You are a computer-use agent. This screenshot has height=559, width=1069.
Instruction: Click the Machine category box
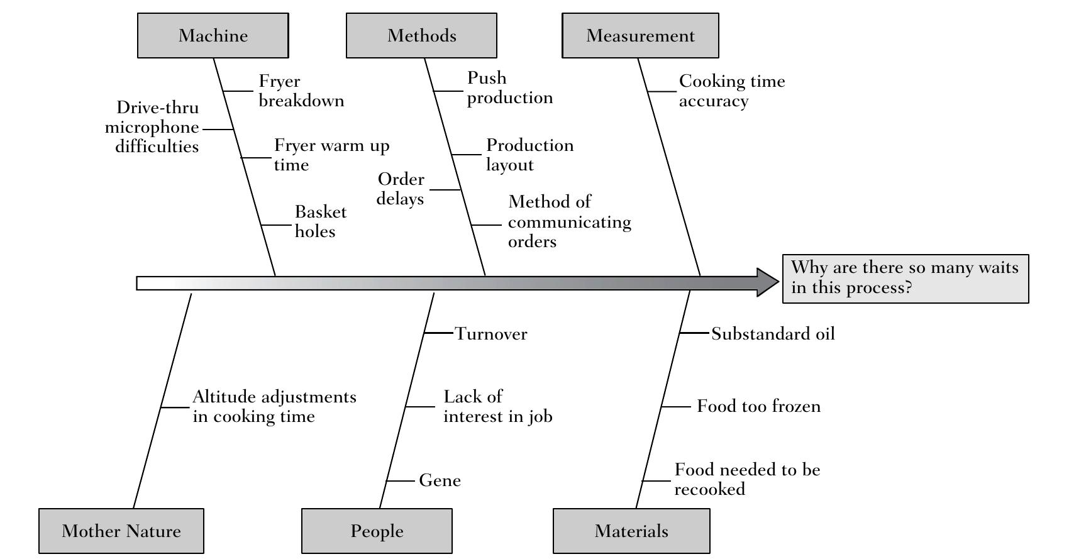pos(213,35)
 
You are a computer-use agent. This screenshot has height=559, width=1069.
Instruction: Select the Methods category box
pos(421,35)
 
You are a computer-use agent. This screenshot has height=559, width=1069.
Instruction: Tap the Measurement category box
pos(640,35)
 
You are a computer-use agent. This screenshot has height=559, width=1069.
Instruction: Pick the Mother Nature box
pos(121,531)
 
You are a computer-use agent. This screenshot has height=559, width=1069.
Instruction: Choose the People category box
pos(377,531)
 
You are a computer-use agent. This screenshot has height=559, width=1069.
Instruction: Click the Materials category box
pos(631,531)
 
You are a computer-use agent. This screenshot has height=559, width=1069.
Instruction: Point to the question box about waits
pos(905,279)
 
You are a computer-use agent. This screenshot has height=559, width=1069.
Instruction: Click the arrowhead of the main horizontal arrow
pos(767,282)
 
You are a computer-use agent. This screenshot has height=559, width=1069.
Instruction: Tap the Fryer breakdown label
pos(301,91)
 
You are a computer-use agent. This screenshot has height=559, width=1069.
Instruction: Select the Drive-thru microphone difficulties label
pos(152,127)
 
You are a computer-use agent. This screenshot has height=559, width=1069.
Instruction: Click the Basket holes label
pos(321,221)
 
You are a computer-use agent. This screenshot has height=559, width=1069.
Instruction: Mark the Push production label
pos(509,87)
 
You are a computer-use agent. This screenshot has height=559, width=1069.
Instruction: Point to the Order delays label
pos(401,189)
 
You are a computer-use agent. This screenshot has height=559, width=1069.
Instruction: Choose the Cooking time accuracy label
pos(731,91)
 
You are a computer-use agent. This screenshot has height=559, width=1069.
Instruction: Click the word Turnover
pos(491,334)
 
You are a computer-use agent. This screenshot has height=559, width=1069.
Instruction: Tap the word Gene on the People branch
pos(440,480)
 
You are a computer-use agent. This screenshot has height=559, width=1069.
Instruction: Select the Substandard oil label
pos(773,334)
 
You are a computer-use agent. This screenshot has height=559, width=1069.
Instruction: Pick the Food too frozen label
pos(758,406)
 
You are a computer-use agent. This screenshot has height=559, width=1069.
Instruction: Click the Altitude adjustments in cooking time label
pos(274,406)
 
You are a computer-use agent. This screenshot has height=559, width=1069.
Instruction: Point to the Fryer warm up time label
pos(331,155)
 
